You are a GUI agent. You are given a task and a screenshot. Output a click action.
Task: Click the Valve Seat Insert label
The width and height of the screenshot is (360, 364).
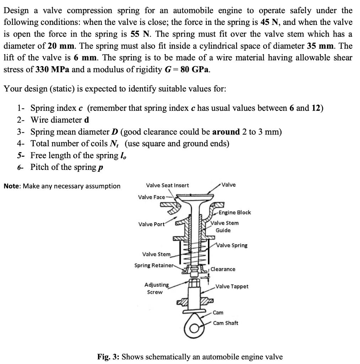(167, 185)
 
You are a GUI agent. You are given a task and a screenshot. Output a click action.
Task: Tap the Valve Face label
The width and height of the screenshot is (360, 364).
(151, 197)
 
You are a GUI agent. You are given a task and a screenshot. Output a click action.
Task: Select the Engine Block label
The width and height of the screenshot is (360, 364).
(235, 213)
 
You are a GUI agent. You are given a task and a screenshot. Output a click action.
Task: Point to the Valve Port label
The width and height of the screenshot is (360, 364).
(151, 224)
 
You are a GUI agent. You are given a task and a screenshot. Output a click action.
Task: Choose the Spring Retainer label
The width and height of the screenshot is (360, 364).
(154, 266)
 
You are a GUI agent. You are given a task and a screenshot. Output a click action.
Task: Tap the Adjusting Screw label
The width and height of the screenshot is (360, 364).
(156, 288)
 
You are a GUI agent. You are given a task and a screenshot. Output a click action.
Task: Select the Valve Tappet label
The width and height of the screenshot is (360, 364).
(232, 286)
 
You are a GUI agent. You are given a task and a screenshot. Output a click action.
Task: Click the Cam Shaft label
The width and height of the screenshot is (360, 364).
(226, 323)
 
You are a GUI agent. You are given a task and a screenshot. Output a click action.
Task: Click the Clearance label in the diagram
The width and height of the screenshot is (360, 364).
(223, 269)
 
